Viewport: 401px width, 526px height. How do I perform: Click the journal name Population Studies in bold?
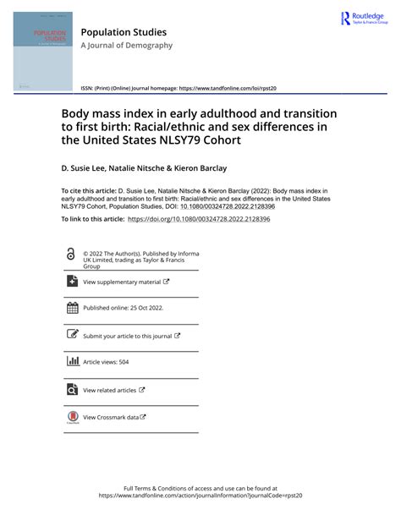click(124, 32)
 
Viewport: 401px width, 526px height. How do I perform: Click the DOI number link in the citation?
click(225, 205)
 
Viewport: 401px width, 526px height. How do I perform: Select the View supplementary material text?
click(122, 282)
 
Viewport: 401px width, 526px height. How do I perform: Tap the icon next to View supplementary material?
click(70, 282)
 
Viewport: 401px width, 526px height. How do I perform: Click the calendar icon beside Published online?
click(71, 308)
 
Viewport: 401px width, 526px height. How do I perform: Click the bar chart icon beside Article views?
click(71, 362)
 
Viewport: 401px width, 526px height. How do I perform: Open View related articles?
click(110, 390)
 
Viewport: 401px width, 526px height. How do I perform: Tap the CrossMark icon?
click(71, 417)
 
